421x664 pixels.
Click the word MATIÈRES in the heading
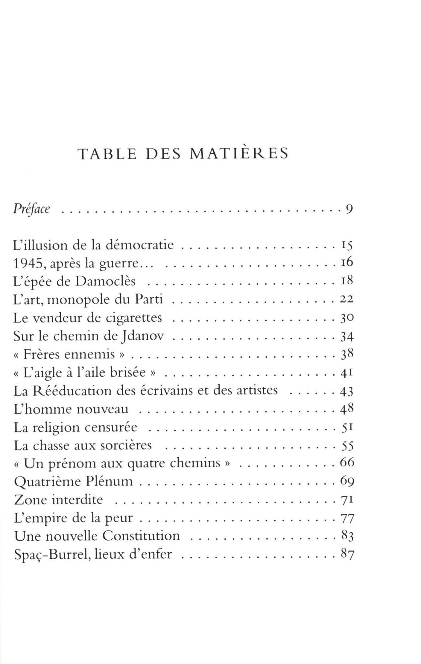click(239, 154)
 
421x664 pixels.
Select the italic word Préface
click(31, 209)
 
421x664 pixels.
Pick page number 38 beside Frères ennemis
click(347, 354)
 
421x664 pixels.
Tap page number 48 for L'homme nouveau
click(347, 409)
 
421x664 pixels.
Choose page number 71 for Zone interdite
click(347, 500)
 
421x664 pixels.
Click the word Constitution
click(141, 536)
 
